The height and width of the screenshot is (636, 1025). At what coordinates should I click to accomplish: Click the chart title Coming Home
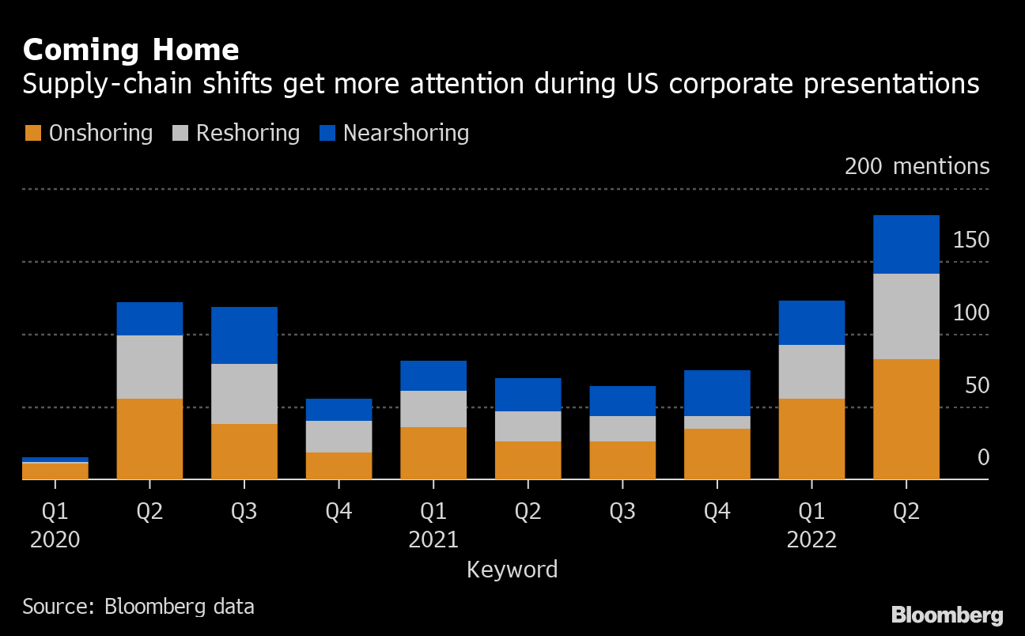[x=130, y=50]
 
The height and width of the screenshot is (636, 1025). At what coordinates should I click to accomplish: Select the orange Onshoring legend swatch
[x=32, y=133]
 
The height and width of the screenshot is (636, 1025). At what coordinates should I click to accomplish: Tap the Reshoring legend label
[x=248, y=133]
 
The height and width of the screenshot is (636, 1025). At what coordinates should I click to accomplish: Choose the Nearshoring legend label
[x=406, y=133]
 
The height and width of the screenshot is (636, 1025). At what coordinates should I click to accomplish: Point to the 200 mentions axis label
[x=917, y=166]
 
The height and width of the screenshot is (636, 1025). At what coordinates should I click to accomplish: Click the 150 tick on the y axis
[x=970, y=240]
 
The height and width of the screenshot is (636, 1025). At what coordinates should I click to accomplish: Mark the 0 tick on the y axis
[x=982, y=458]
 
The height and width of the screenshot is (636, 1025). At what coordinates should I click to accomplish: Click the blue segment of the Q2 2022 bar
[x=906, y=244]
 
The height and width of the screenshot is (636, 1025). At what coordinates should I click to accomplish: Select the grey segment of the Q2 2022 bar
[x=906, y=316]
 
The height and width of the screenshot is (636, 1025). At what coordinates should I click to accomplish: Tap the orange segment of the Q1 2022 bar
[x=811, y=439]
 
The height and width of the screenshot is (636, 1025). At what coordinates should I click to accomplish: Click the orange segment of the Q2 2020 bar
[x=149, y=439]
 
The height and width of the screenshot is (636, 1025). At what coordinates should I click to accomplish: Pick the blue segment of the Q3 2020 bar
[x=244, y=335]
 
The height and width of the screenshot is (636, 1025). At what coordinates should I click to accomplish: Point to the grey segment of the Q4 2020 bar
[x=339, y=437]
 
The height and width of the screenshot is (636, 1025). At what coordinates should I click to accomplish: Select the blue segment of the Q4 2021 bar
[x=717, y=393]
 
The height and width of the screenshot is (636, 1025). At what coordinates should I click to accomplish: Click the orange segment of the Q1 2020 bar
[x=55, y=471]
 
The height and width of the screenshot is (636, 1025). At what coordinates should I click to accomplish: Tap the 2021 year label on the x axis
[x=433, y=540]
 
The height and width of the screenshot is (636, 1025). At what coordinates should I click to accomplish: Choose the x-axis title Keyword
[x=512, y=570]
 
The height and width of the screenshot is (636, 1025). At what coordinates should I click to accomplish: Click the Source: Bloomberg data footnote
[x=138, y=607]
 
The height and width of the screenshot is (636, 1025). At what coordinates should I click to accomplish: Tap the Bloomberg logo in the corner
[x=947, y=615]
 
